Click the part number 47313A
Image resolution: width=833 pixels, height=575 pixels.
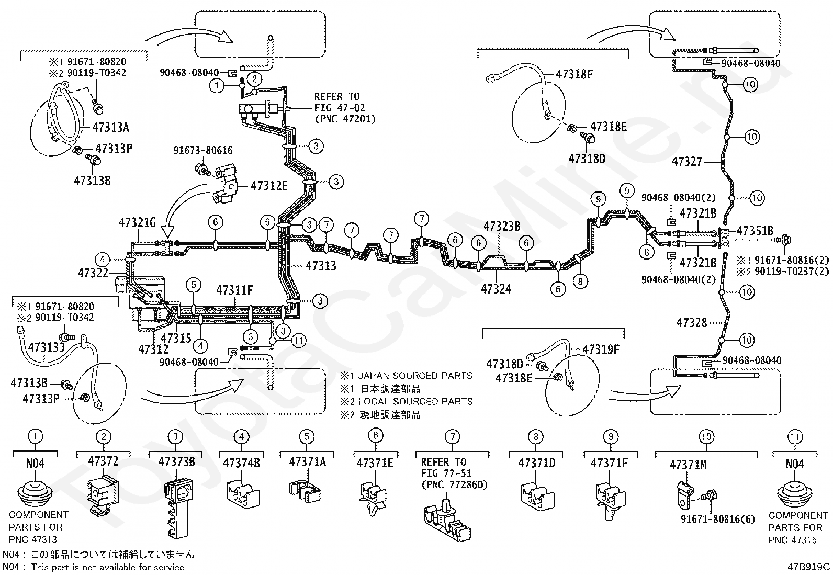coord(110,128)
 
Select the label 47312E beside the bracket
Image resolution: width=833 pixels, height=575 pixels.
coord(269,186)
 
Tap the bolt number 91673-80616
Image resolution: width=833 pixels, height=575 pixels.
coord(203,150)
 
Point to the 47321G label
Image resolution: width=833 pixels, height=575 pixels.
coord(137,222)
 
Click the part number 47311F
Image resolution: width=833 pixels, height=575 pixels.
coord(234,290)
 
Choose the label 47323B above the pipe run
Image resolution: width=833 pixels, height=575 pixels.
coord(502,226)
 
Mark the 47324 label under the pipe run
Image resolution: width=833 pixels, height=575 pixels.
coord(496,289)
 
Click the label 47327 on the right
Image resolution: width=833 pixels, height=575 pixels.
coord(687,162)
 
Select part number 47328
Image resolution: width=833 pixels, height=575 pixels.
coord(692,322)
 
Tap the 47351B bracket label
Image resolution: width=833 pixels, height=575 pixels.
coord(755,231)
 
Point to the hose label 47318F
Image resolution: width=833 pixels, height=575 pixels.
coord(575,74)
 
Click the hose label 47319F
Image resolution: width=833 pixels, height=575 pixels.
coord(601,349)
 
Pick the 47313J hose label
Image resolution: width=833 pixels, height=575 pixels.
coord(47,347)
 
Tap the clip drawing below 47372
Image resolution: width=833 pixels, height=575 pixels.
coord(103,496)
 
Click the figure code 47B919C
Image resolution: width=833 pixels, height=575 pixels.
coord(808,567)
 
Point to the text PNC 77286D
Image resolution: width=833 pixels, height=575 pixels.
coord(454,484)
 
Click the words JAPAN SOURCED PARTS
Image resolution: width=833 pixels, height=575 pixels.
coord(415,376)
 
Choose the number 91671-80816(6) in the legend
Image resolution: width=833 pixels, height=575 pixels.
coord(718,519)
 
